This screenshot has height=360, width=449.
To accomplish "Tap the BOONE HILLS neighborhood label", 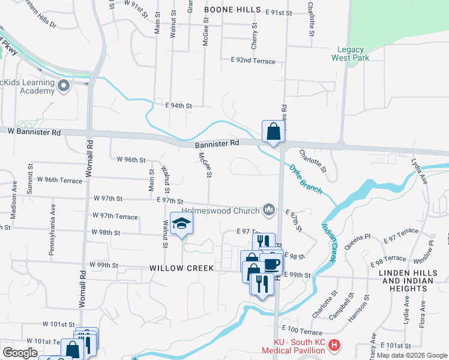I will coord(232,10).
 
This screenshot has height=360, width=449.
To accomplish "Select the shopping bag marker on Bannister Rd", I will coord(273,132).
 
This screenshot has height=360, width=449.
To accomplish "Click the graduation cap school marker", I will coord(181,224).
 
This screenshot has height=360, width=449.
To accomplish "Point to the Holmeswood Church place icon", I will coord(270,209).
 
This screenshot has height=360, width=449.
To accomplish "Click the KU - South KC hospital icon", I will coord(335,346).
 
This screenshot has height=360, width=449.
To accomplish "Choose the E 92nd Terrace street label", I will coord(253,61).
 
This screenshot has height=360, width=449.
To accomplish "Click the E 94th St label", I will coord(178,106).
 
